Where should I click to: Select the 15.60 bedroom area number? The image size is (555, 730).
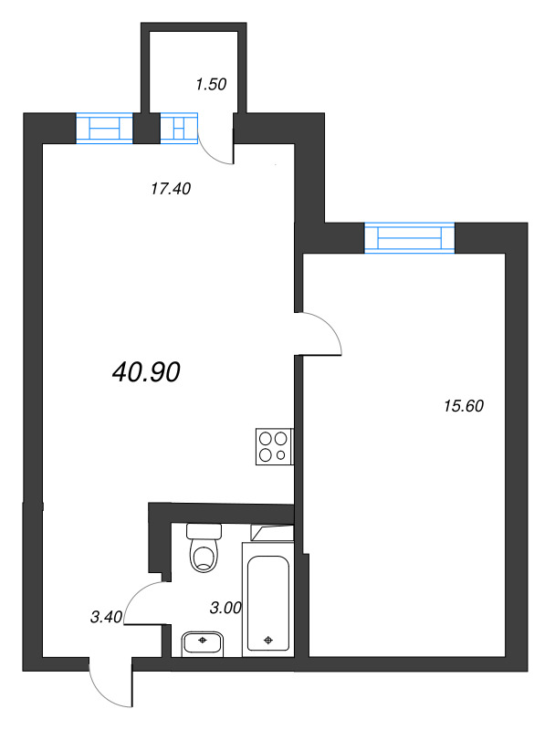click(x=460, y=406)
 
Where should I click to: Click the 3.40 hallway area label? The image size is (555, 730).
click(x=107, y=618)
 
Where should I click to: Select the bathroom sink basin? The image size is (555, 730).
click(x=203, y=643)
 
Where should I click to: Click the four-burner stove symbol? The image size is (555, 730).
click(x=274, y=445)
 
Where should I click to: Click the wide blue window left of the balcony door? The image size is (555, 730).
click(x=104, y=128)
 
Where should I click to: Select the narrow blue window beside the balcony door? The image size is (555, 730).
click(x=179, y=128)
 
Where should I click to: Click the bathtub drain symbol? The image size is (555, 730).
click(x=267, y=640)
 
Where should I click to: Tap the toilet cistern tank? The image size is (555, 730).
click(x=204, y=530)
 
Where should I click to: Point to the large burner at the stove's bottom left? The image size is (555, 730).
click(x=266, y=454)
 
